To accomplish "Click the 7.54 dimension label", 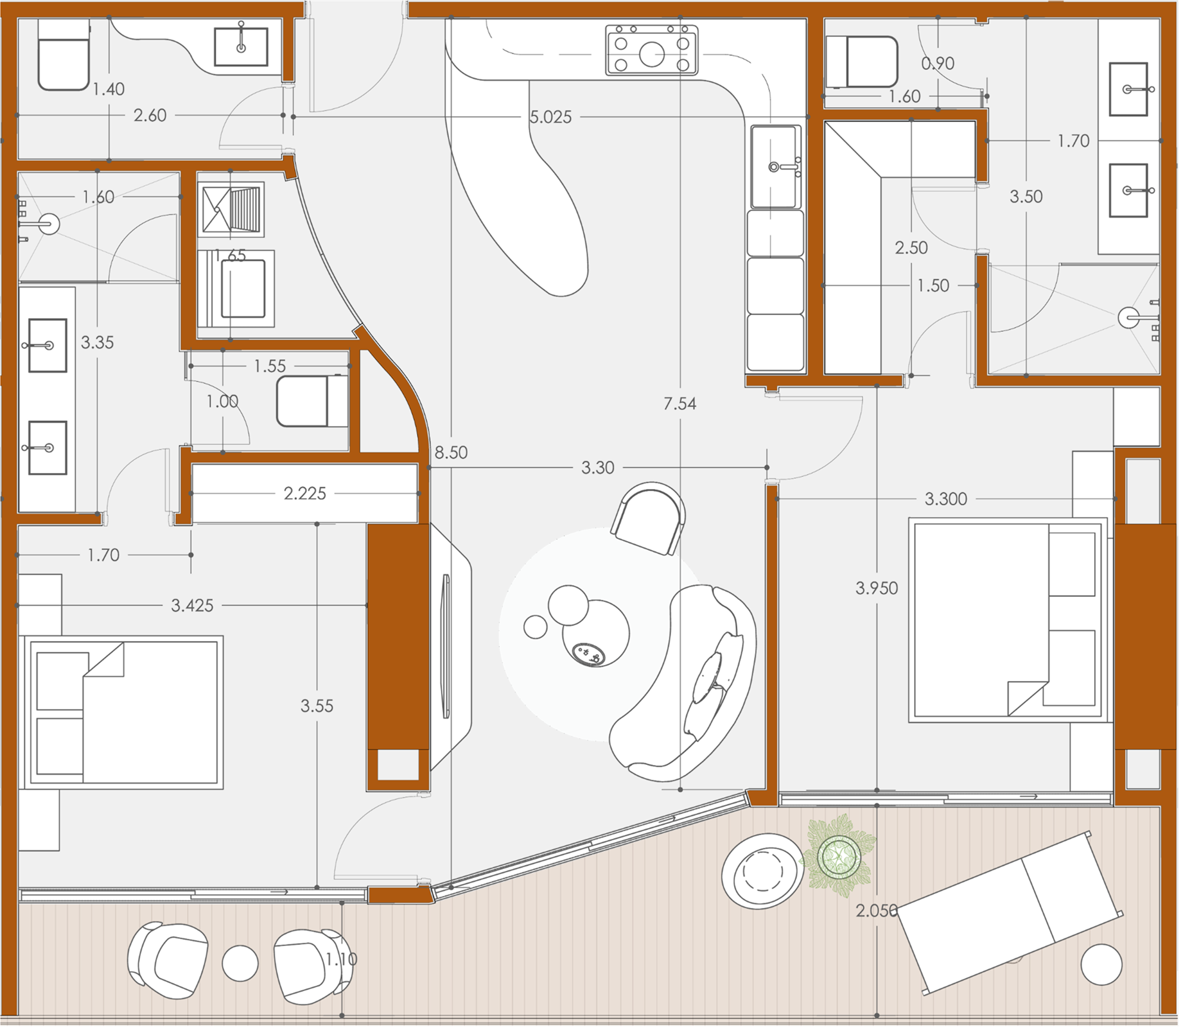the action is [x=679, y=404].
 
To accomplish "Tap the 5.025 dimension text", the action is [x=551, y=117].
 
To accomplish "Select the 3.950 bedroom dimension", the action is [x=877, y=589].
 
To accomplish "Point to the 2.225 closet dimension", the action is [x=305, y=493].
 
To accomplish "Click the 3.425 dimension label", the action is [x=192, y=606].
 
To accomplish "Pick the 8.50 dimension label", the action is [x=451, y=453].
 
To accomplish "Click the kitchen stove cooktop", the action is [x=652, y=50].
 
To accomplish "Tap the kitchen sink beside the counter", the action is [x=775, y=166].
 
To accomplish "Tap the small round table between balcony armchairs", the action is [x=240, y=963].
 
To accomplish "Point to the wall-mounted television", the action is [x=446, y=646].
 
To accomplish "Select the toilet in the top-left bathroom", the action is [x=64, y=55].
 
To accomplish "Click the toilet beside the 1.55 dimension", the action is [x=312, y=401].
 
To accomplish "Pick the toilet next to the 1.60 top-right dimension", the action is [x=862, y=62].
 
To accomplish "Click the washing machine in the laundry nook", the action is [x=237, y=288].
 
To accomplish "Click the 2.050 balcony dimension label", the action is [x=877, y=910].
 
